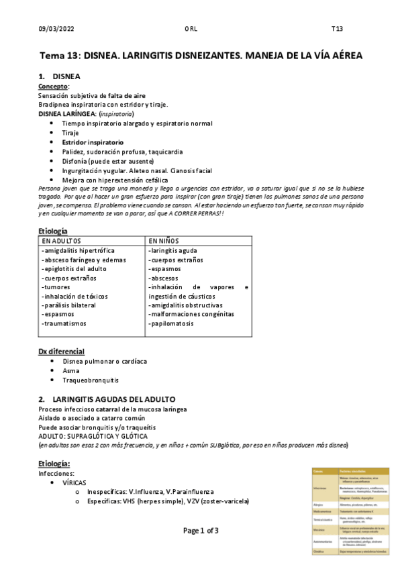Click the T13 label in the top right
click(x=337, y=28)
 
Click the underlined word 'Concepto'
click(x=54, y=87)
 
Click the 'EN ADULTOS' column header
click(x=62, y=240)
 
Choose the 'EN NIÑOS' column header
click(x=164, y=240)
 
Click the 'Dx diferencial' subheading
click(x=61, y=352)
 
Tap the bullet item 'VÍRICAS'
click(x=74, y=482)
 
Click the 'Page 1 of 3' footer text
click(x=201, y=530)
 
